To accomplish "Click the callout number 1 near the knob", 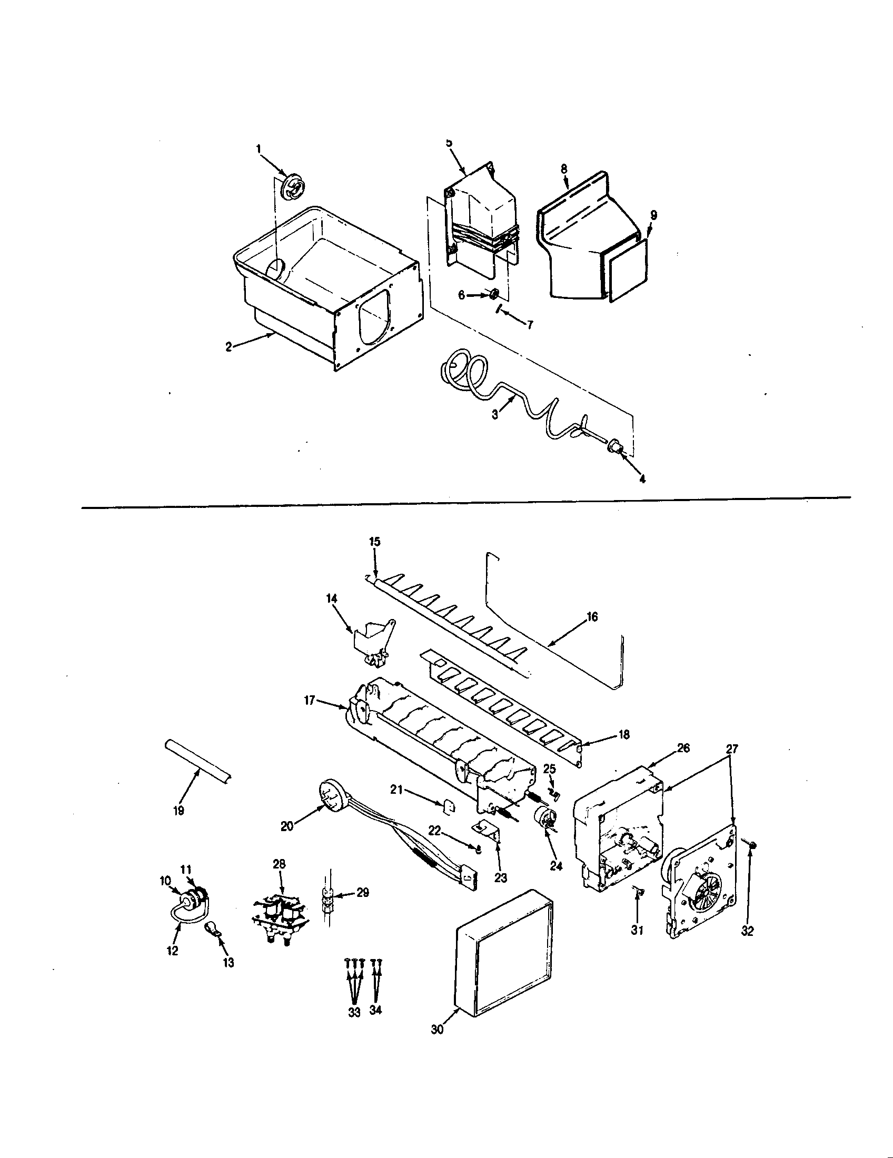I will (259, 149).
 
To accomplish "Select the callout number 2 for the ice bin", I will (229, 347).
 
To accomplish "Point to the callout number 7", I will (529, 325).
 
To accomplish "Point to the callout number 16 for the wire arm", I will (592, 617).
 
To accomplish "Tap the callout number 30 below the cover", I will (437, 1043).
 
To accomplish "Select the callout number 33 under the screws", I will (354, 1012).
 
